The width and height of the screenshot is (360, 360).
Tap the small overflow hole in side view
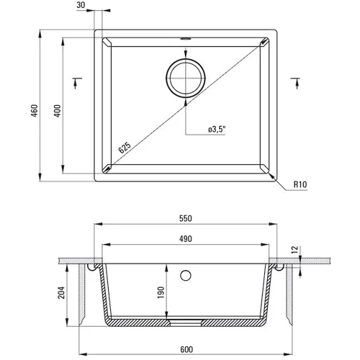point(186,274)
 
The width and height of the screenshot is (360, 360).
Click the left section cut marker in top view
point(77,83)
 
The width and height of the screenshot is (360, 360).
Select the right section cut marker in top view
point(295,83)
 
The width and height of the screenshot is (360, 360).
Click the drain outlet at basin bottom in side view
point(186,318)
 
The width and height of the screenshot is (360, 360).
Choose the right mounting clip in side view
point(279,268)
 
